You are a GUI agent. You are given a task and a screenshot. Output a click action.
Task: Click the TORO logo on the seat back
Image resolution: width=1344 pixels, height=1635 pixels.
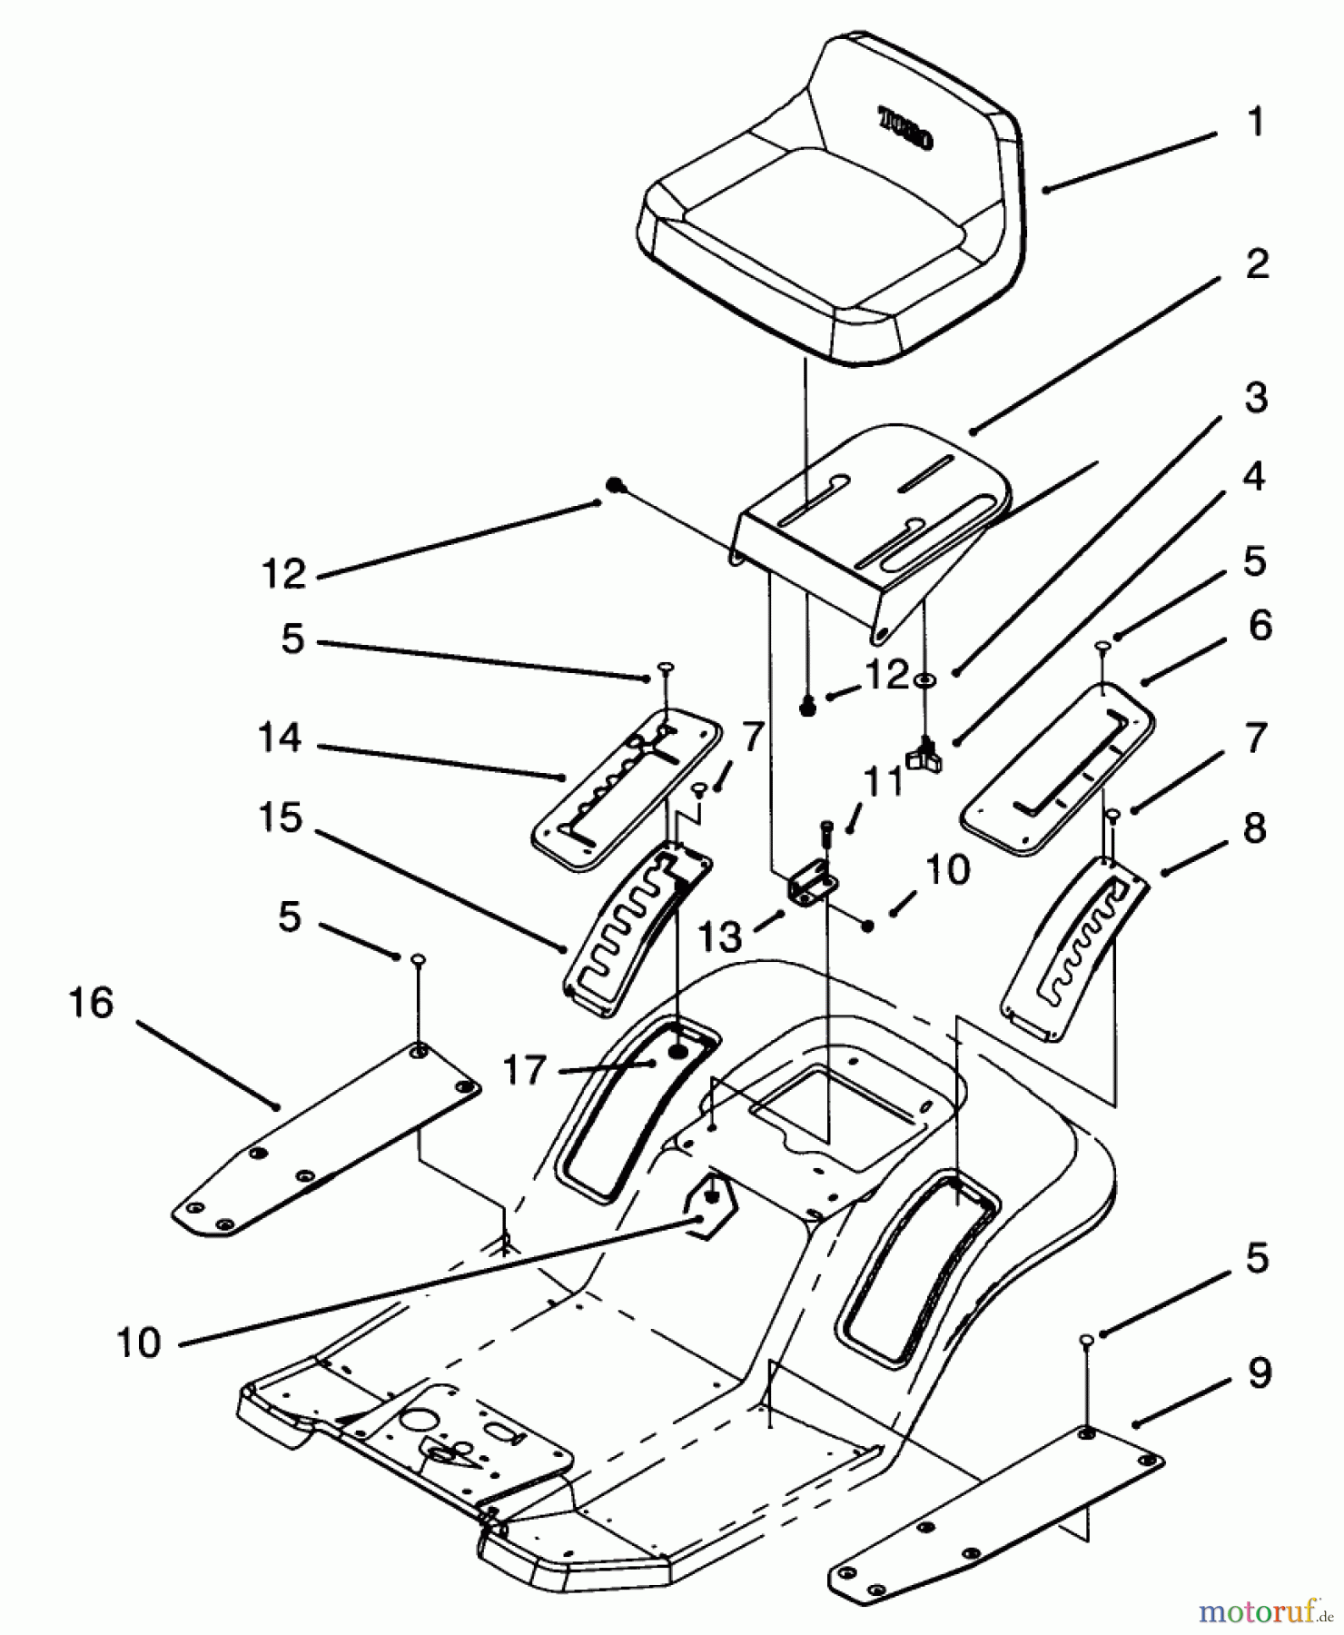coord(905,129)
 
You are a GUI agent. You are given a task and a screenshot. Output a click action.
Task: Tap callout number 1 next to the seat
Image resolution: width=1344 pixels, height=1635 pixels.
coord(1256,123)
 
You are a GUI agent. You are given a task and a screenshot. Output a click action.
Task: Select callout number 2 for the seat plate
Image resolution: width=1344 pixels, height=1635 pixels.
coord(1257,264)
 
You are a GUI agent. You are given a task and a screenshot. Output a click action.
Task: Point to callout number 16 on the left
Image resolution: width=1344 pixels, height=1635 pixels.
coord(92,1004)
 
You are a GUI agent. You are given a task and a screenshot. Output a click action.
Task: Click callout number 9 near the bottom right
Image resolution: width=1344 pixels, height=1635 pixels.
coord(1259,1373)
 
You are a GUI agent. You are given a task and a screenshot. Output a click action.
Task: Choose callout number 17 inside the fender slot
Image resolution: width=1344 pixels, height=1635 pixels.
coord(526,1070)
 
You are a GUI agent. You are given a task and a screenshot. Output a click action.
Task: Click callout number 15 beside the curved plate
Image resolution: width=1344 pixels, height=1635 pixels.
coord(280,817)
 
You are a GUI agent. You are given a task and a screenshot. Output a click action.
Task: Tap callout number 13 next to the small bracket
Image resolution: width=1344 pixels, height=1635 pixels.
coord(721,936)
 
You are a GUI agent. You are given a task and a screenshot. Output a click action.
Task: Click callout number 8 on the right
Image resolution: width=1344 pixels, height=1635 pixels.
coord(1255,827)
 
